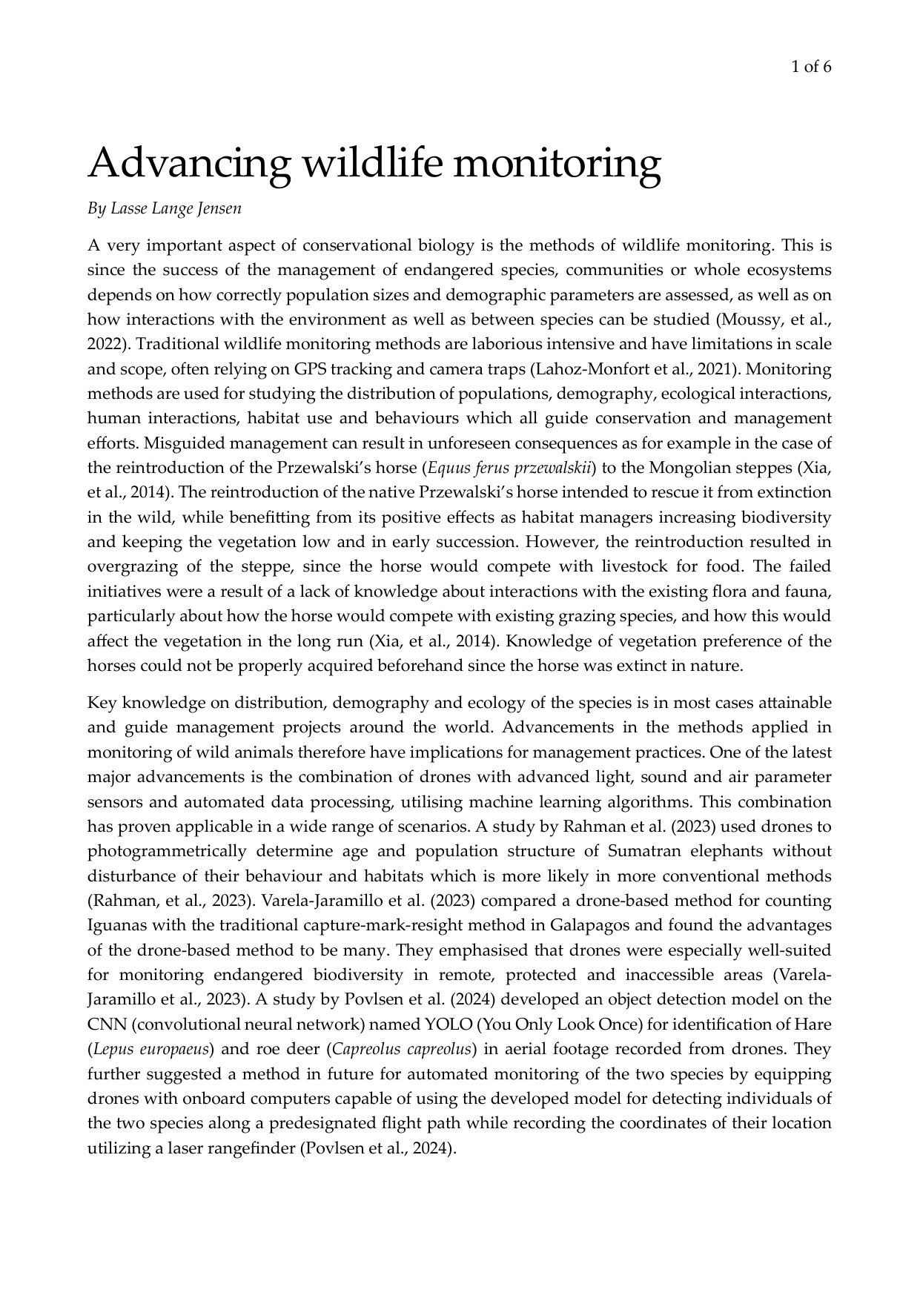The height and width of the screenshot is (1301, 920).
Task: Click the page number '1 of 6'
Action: [x=811, y=67]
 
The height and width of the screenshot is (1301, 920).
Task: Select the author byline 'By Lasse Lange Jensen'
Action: [x=165, y=208]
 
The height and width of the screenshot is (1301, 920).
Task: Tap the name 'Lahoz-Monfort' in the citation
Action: [x=588, y=369]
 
